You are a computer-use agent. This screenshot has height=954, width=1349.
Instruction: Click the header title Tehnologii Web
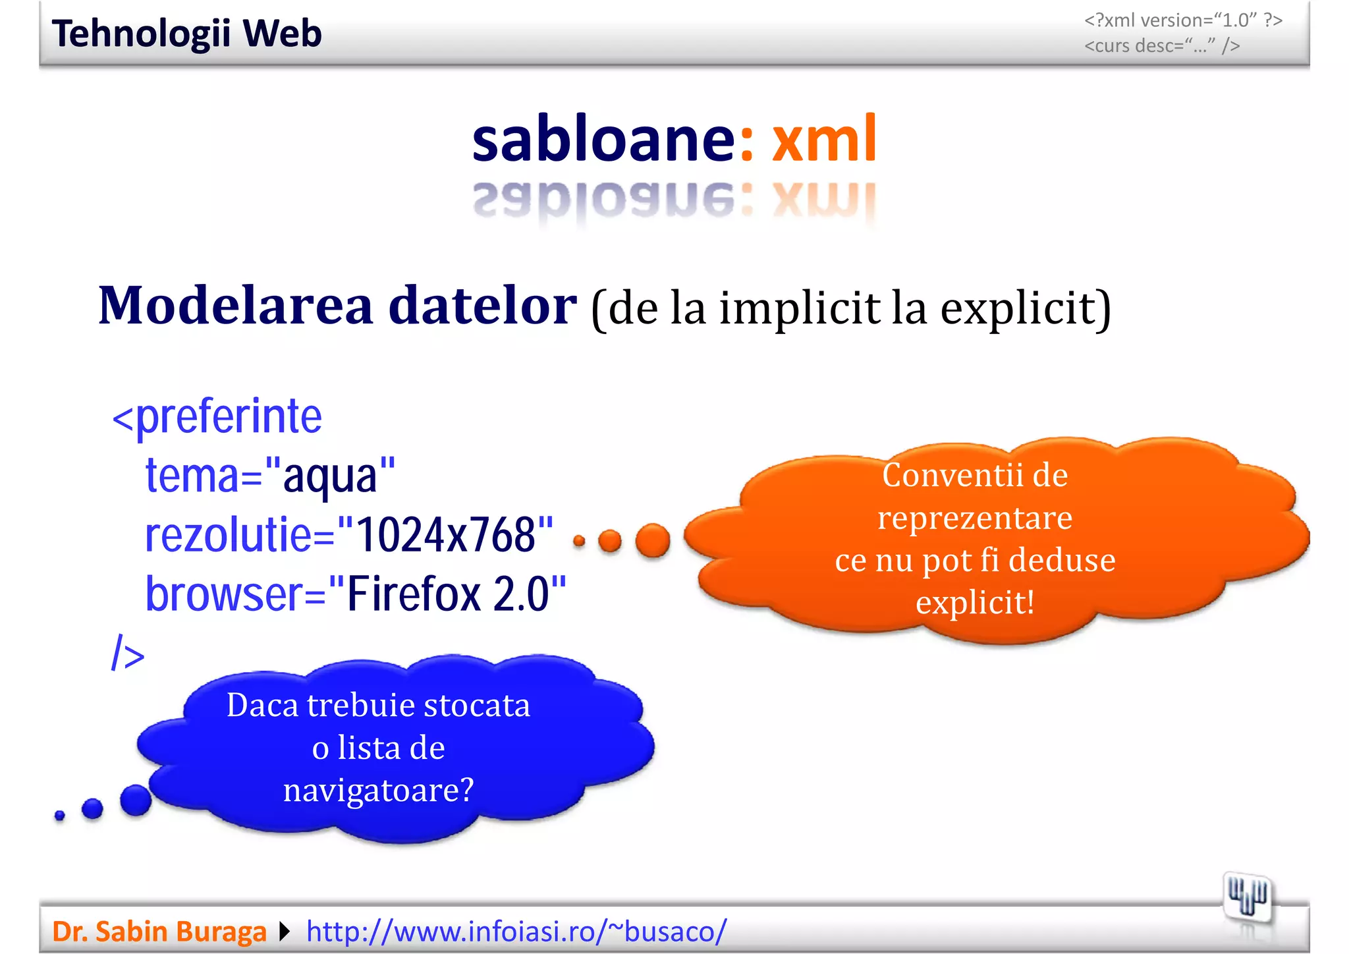click(186, 34)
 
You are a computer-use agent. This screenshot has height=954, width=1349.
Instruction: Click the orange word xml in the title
click(824, 138)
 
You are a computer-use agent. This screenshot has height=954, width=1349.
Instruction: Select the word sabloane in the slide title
click(603, 138)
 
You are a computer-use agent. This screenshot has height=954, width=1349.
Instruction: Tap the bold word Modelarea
click(236, 306)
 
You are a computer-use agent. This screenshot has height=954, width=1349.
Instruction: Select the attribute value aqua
click(329, 476)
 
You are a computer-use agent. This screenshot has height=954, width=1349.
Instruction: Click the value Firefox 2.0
click(448, 594)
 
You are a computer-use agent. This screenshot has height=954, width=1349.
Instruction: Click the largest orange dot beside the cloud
click(653, 541)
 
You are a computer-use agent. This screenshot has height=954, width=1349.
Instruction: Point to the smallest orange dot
click(579, 542)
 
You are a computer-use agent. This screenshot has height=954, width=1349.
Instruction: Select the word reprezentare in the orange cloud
click(975, 518)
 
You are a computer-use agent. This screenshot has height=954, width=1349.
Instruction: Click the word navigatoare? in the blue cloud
click(379, 789)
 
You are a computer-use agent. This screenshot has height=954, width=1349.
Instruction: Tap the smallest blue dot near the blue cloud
click(60, 816)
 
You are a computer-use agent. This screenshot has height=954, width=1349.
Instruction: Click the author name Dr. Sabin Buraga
click(159, 932)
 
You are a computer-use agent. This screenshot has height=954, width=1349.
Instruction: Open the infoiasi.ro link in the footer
click(516, 932)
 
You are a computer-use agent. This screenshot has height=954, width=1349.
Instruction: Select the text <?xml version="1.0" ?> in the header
click(1183, 20)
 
